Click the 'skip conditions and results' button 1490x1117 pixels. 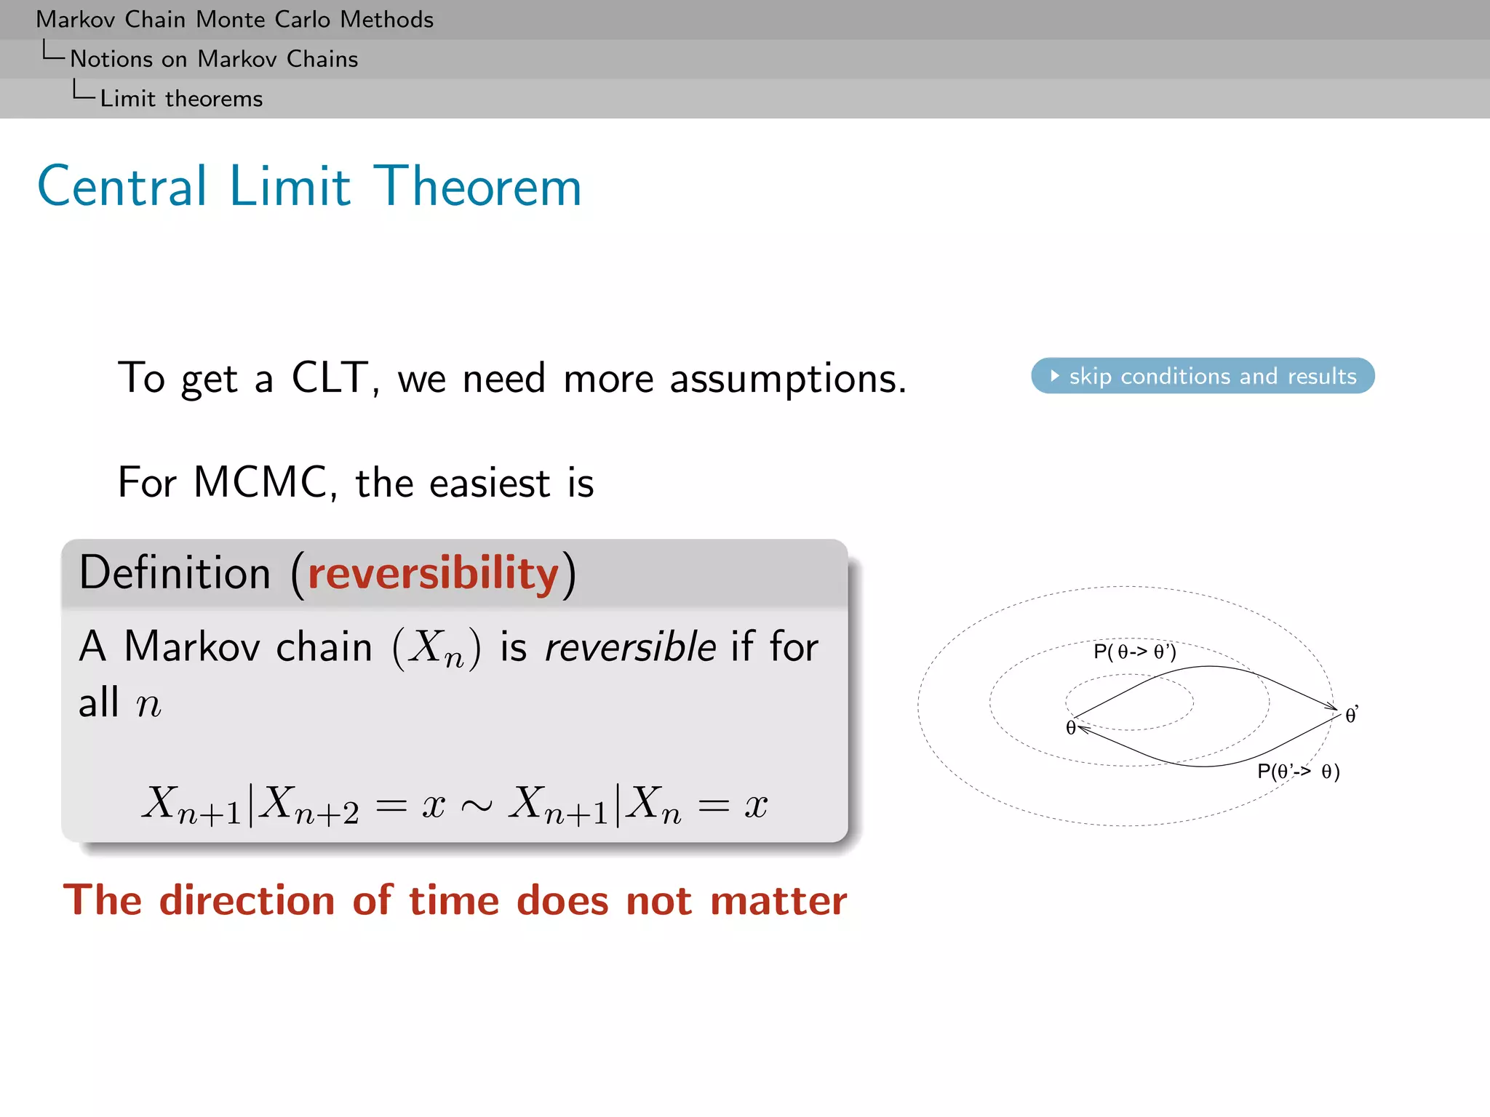coord(1202,376)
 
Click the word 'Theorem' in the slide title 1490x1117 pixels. coord(477,187)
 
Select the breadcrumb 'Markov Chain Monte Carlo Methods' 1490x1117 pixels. coord(234,20)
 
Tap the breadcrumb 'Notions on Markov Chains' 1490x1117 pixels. coord(214,59)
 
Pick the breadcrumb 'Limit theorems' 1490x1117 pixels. coord(181,99)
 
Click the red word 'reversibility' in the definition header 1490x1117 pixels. coord(433,573)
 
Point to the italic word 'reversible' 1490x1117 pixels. coord(629,646)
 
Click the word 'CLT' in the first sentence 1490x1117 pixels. coord(331,378)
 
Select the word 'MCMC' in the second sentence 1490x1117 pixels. coord(260,482)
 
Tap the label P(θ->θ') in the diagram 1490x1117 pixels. coord(1134,652)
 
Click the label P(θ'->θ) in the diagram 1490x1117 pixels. coord(1298,772)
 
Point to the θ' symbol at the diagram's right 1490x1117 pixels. coord(1351,716)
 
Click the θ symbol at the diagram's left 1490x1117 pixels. coord(1070,728)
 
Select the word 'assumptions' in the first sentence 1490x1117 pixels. coord(787,378)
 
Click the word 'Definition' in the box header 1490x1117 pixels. coord(175,573)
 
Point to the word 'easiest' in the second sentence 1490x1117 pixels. coord(489,482)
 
